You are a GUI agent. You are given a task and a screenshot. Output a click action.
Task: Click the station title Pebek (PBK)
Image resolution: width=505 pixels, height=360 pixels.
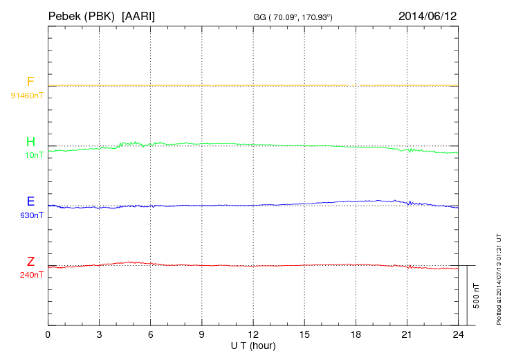tap(82, 15)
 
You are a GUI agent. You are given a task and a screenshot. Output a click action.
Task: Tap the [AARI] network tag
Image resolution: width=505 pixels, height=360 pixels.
tap(138, 15)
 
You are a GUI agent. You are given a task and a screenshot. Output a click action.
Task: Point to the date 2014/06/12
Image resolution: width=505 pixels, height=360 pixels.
tap(428, 15)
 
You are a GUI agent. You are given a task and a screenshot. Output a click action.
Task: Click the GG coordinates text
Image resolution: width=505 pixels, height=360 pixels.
tap(294, 17)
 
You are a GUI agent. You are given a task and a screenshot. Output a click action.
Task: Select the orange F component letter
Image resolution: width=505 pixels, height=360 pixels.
tap(30, 82)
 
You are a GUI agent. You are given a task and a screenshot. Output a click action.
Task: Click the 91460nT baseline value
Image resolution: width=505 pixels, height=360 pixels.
tap(27, 95)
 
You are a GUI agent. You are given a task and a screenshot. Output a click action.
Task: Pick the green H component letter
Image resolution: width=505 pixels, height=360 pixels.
tap(30, 142)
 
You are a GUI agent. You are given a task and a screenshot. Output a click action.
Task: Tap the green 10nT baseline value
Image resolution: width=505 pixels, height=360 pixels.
tap(34, 155)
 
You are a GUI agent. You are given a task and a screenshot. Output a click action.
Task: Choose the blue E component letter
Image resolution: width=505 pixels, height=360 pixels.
tap(30, 201)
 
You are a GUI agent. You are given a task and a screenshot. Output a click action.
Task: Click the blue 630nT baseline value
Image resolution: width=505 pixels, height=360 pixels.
tap(32, 215)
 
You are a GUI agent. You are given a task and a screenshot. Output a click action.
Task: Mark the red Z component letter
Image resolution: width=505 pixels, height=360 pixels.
tap(30, 262)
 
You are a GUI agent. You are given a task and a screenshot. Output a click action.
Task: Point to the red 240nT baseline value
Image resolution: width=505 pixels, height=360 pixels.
tap(32, 275)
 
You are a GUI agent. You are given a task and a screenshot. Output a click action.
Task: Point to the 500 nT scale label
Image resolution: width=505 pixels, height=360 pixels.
tap(476, 296)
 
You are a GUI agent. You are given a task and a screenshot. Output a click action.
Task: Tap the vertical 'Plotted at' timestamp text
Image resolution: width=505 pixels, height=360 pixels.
tap(498, 278)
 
